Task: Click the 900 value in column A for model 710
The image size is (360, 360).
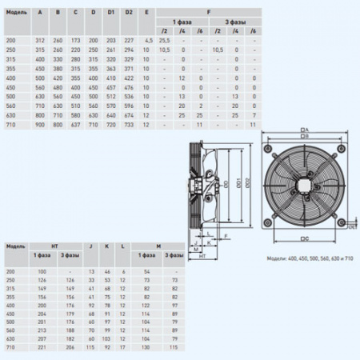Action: pyautogui.click(x=40, y=126)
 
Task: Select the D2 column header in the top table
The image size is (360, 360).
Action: pyautogui.click(x=129, y=12)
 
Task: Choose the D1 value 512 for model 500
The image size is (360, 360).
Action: pyautogui.click(x=111, y=94)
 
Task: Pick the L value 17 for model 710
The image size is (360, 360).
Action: pyautogui.click(x=124, y=348)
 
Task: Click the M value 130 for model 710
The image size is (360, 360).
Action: pyautogui.click(x=146, y=348)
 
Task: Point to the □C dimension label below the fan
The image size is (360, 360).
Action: pyautogui.click(x=305, y=238)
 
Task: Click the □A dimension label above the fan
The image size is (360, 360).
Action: pyautogui.click(x=305, y=130)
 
